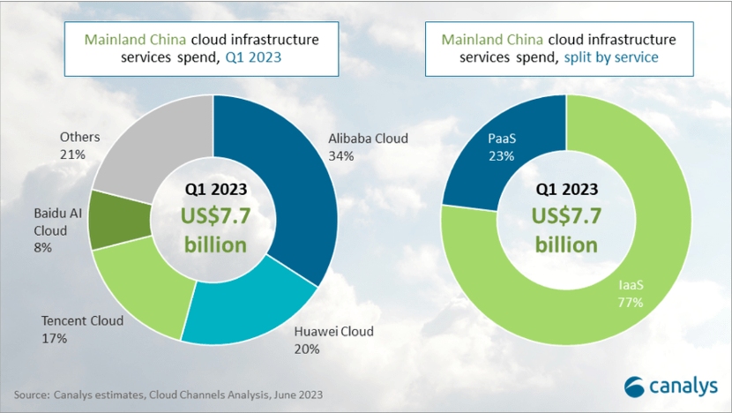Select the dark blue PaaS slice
(494, 150)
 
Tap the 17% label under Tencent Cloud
(55, 336)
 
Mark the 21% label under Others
(71, 154)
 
